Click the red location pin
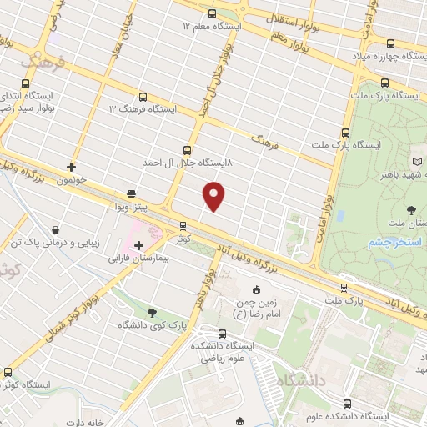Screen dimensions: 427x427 (x=214, y=195)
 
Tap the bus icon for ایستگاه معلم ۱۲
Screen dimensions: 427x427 (x=211, y=13)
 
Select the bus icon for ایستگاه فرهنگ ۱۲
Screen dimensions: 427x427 (x=143, y=97)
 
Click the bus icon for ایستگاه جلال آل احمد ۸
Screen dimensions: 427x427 (x=185, y=151)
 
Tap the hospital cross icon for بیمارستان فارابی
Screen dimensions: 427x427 (x=138, y=245)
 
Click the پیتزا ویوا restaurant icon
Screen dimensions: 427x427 (x=131, y=192)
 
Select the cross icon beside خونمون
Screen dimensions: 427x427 (x=72, y=167)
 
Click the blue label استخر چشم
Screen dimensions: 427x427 (x=390, y=242)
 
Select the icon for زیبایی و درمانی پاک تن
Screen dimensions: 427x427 (x=55, y=229)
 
